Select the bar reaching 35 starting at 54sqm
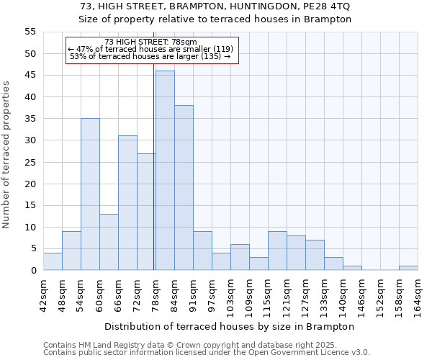pos(90,194)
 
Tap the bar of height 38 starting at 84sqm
pos(184,188)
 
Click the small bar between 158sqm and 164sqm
pos(408,268)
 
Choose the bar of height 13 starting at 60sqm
pos(109,242)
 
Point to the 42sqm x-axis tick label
pos(44,294)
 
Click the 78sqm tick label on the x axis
pos(156,294)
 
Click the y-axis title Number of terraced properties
pos(6,155)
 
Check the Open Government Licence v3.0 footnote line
pos(207,353)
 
